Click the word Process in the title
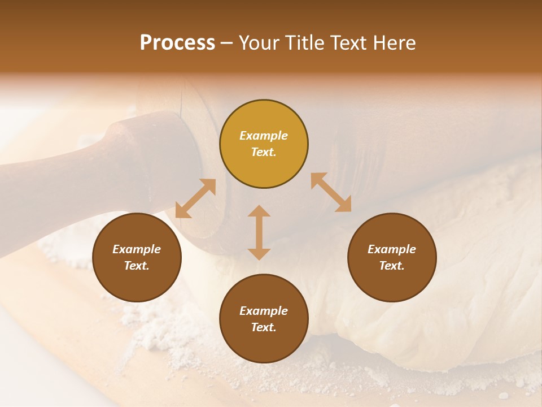[x=177, y=43]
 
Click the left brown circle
[x=137, y=257]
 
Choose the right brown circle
[x=392, y=257]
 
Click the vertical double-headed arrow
[x=259, y=232]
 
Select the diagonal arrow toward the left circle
[x=195, y=198]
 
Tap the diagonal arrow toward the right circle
[x=331, y=192]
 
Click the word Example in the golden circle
[x=264, y=136]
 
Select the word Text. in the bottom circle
[x=264, y=327]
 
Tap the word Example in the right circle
[x=392, y=249]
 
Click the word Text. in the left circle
[x=137, y=266]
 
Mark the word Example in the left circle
[x=137, y=249]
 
